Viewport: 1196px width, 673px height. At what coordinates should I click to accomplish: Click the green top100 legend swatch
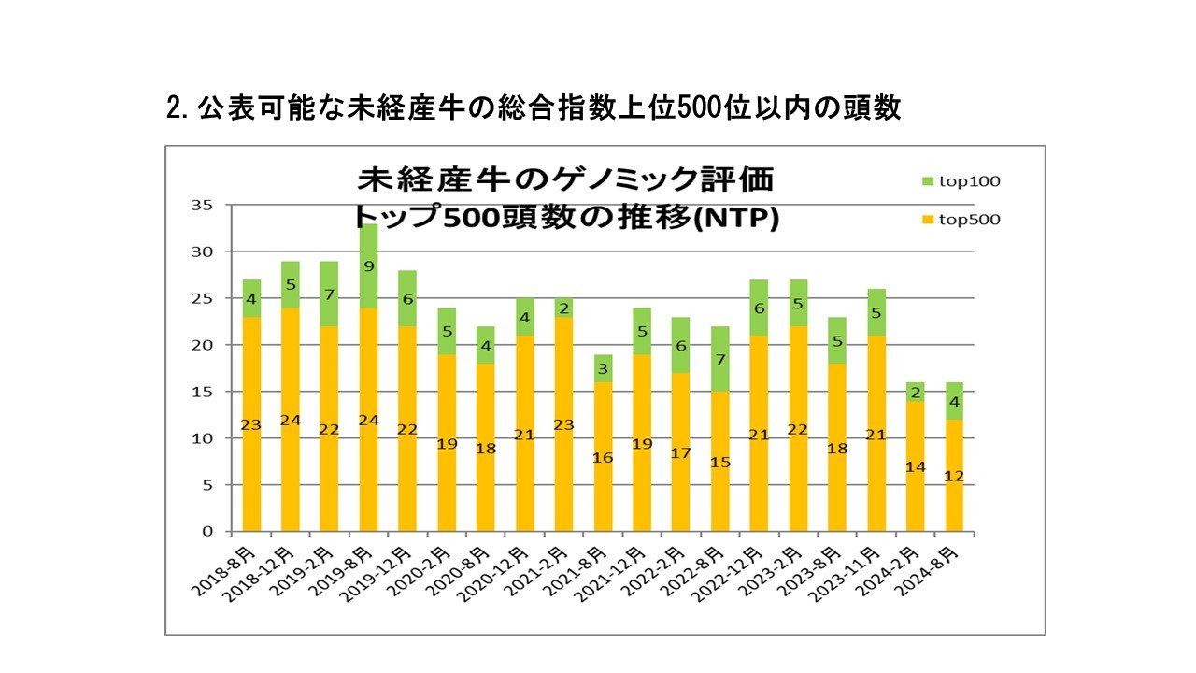(x=927, y=181)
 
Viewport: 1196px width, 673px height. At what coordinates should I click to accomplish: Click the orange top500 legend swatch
(x=927, y=220)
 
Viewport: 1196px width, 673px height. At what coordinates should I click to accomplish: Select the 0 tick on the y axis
(x=206, y=532)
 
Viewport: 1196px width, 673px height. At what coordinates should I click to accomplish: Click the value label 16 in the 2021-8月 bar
(x=603, y=458)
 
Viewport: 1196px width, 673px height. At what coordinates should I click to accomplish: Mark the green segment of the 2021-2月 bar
(x=562, y=308)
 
